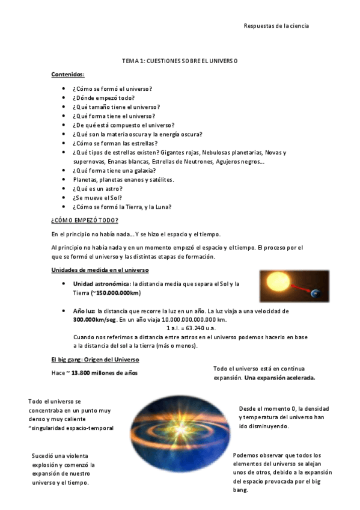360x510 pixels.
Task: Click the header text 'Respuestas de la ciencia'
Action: pos(276,26)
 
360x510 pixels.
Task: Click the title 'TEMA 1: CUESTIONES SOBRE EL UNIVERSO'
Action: pos(180,61)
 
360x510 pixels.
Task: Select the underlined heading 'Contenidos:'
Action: pos(68,74)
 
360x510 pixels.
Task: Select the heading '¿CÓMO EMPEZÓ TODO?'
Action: pos(85,220)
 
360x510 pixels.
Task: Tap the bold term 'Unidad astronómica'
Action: pos(101,283)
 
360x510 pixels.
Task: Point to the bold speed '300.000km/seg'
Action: pos(94,320)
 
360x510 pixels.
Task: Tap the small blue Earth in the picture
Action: pos(316,293)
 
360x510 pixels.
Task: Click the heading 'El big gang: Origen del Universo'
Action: pos(95,359)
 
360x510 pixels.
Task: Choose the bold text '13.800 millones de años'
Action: pos(105,373)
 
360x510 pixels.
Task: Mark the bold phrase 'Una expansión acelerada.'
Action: pos(280,378)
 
